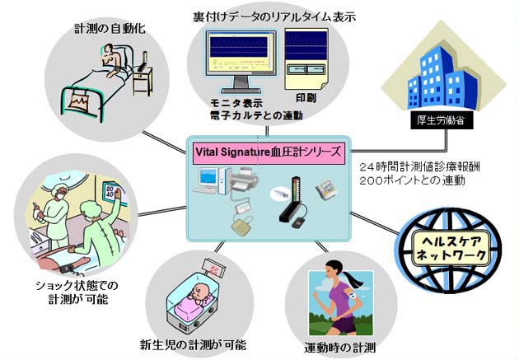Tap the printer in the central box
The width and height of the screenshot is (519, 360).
(246, 178)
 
